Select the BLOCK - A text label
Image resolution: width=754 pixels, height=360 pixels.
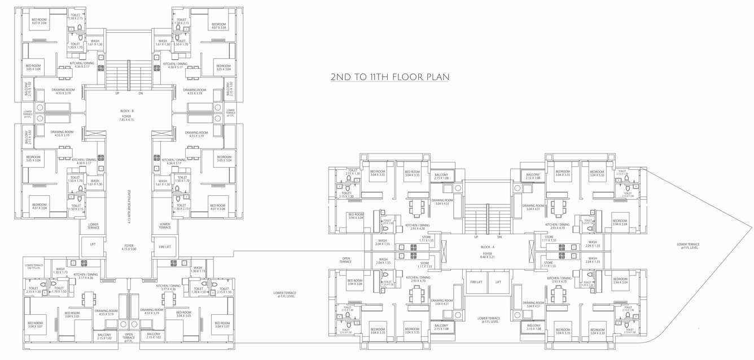[x=488, y=248]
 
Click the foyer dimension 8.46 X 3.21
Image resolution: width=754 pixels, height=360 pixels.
[x=488, y=257]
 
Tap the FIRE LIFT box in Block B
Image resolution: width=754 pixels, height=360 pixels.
[x=164, y=247]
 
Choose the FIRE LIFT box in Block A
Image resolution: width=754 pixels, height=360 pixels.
[x=475, y=282]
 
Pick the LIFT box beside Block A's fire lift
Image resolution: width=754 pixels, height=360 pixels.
[x=498, y=282]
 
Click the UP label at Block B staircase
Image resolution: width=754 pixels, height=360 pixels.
[x=117, y=93]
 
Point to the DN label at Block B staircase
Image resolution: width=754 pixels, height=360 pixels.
[x=141, y=93]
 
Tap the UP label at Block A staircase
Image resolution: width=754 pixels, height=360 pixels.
[x=476, y=236]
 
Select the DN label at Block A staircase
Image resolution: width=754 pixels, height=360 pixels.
[x=499, y=236]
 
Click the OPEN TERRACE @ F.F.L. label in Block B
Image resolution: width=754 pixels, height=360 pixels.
[x=129, y=337]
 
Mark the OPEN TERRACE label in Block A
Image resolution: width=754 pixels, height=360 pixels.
[x=345, y=260]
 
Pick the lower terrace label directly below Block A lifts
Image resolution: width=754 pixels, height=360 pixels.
[x=488, y=320]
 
